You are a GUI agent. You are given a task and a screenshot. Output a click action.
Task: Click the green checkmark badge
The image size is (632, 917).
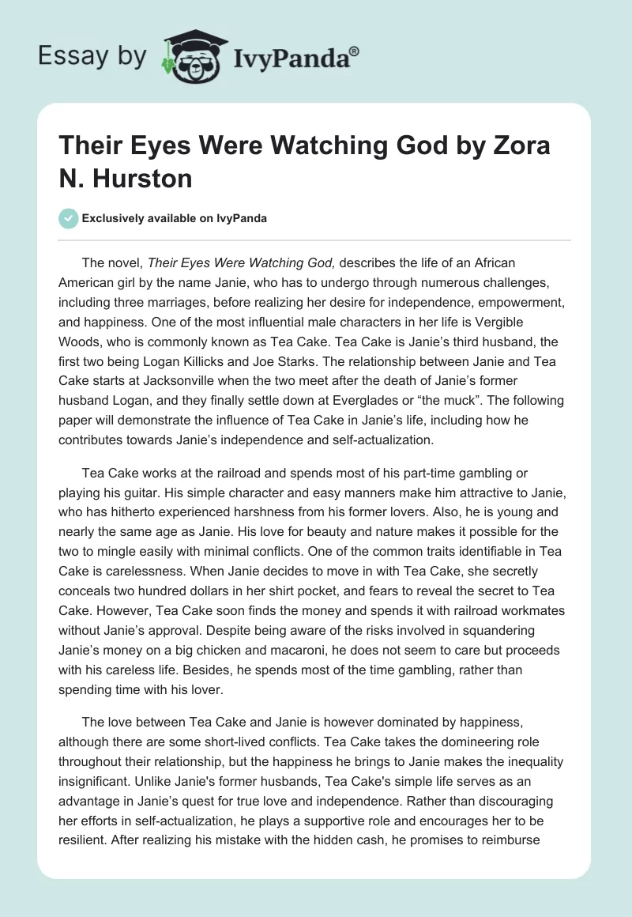pos(68,218)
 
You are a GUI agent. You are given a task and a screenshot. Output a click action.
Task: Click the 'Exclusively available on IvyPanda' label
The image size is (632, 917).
pos(175,218)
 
